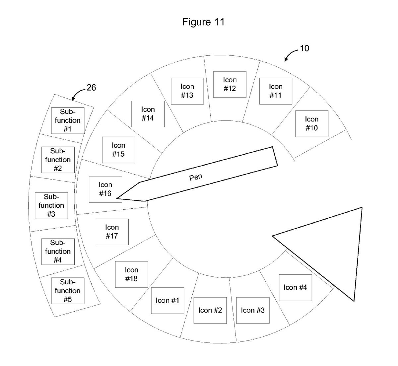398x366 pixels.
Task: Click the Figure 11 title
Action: (x=203, y=22)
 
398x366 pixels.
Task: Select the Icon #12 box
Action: (x=230, y=84)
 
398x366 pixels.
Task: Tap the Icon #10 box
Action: (x=311, y=123)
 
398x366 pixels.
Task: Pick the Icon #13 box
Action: (x=187, y=91)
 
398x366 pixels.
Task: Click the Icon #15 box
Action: (x=118, y=150)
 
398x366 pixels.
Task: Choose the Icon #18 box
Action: (x=131, y=274)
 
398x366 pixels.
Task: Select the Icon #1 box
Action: (x=167, y=300)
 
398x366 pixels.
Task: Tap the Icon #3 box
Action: (x=252, y=310)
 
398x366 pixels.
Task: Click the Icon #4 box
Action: (x=295, y=287)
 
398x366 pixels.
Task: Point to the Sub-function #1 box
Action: (x=68, y=120)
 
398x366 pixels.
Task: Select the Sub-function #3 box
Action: (x=51, y=205)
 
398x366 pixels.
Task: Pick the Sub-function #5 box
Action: (x=68, y=291)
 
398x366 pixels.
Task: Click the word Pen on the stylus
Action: (x=196, y=177)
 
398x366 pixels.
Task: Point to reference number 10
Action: (x=304, y=48)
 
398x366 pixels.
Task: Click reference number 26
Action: (x=91, y=88)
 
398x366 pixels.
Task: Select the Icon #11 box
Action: (x=275, y=91)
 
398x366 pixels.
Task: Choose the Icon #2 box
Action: (x=210, y=310)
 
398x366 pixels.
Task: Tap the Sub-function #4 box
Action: (x=58, y=251)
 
